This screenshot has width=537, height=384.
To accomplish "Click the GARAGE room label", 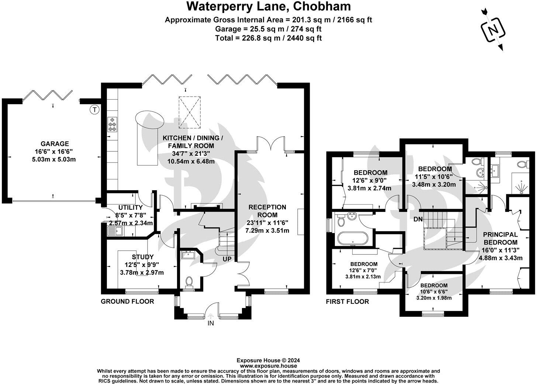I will pos(55,144).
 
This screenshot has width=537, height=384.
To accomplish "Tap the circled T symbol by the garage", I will pos(95,109).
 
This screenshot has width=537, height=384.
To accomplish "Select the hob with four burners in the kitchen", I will pos(112,124).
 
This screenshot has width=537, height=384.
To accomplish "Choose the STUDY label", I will pos(143,257).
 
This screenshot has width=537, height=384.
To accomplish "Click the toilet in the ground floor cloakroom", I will pos(190,282).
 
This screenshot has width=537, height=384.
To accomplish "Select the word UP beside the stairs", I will pos(227,259).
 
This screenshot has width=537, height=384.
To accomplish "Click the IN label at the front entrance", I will pos(211,323).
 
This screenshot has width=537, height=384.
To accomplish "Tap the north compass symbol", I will pos(493,29).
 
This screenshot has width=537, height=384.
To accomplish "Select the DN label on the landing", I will pos(418,219).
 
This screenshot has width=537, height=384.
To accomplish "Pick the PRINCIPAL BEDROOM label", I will pos(500,238).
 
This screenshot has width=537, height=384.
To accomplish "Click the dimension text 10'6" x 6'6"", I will pos(434,292).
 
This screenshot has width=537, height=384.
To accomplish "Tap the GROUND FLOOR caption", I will pos(127,301).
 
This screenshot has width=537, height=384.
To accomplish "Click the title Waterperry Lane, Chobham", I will pos(268,6).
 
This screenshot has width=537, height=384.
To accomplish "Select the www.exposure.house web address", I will pos(268,366).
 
